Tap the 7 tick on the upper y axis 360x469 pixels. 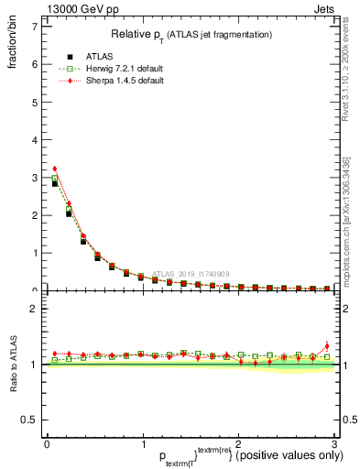tap(35, 27)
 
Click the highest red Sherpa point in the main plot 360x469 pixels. tap(54, 169)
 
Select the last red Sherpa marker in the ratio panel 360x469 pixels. tap(327, 345)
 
